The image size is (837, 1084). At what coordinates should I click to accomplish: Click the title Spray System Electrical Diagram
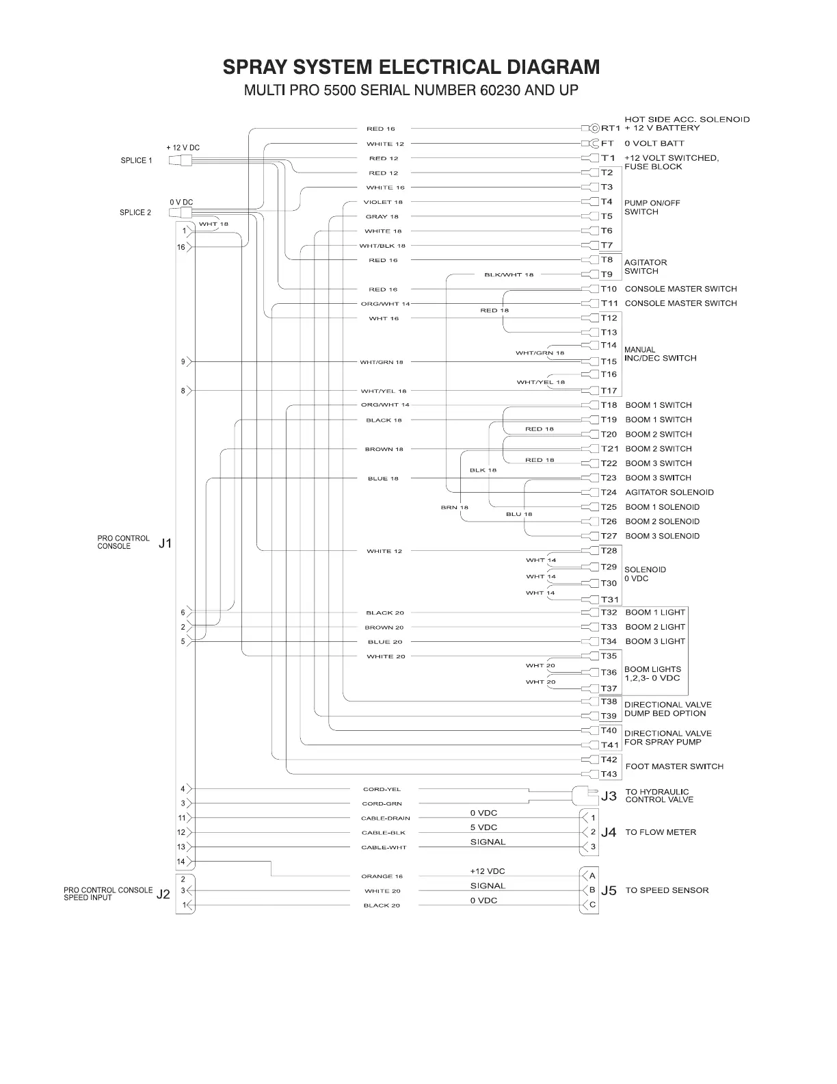[411, 67]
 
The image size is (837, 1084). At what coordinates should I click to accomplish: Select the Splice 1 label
[136, 161]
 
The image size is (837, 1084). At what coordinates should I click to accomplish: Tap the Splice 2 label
[135, 213]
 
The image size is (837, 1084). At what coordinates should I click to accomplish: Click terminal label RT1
[610, 128]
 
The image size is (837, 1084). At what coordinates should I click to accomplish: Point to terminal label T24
[609, 493]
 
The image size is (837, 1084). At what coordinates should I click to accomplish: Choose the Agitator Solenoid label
[669, 493]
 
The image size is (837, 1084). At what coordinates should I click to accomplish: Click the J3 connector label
[609, 796]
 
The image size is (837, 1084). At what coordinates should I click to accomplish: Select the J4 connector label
[609, 832]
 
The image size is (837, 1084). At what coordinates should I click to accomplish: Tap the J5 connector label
[609, 890]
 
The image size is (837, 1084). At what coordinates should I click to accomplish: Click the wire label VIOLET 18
[383, 203]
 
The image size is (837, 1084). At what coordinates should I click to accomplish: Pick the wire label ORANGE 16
[382, 877]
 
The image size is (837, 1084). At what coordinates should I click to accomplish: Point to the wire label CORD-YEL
[382, 790]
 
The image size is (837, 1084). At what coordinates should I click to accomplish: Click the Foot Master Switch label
[674, 767]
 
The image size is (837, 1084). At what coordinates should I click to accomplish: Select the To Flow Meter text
[661, 833]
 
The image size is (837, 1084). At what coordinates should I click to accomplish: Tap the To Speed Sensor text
[667, 890]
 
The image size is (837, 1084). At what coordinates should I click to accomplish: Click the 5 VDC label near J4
[483, 828]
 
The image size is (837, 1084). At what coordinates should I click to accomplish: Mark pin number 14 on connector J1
[181, 862]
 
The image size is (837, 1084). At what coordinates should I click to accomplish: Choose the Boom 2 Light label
[654, 628]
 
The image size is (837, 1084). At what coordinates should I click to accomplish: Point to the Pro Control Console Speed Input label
[108, 894]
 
